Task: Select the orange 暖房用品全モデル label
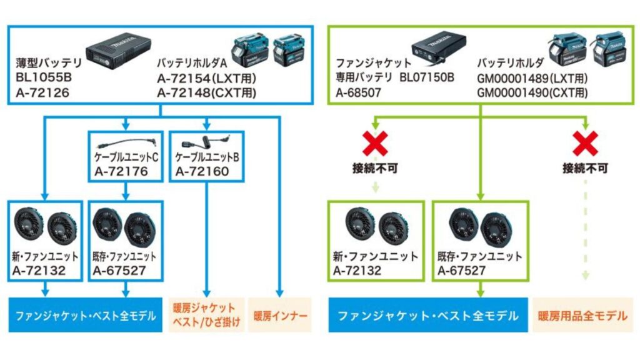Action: tap(582, 316)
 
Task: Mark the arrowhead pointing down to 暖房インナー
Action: tap(279, 292)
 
